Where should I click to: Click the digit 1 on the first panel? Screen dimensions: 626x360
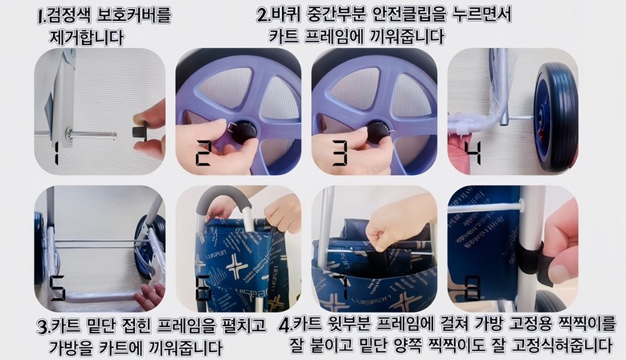coord(55,153)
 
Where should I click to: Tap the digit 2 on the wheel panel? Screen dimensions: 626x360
coord(203,153)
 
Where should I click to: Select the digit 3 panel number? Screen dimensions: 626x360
coord(340,153)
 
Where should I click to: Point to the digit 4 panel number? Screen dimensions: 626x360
coord(473,153)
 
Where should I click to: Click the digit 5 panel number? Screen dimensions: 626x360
coord(57,288)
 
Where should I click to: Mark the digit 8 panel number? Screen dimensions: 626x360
coord(473,288)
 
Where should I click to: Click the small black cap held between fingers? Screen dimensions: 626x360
coord(139,132)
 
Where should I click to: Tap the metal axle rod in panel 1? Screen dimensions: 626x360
coord(92,135)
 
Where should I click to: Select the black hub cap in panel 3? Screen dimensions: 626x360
coord(378,133)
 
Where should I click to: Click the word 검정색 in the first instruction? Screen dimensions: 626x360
coord(68,15)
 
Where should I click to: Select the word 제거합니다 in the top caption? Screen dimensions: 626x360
coord(86,38)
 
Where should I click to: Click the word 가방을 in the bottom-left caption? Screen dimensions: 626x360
coord(71,347)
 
